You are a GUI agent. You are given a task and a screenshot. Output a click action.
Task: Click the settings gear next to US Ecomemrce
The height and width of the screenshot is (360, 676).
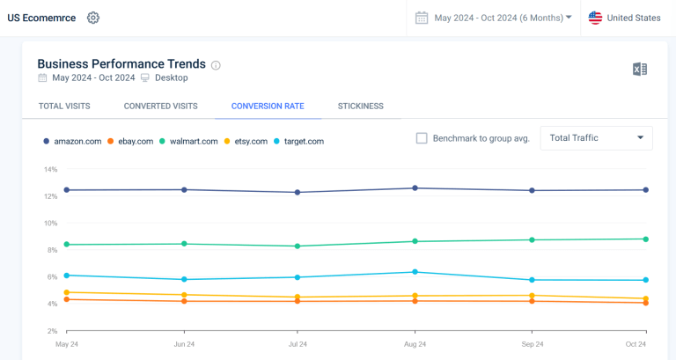(93, 18)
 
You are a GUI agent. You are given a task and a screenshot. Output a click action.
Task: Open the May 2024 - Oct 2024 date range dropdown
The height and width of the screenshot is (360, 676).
(493, 18)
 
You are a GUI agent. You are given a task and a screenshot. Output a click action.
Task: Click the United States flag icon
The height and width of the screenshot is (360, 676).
(596, 18)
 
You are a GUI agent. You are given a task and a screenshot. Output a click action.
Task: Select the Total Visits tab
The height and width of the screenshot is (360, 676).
(64, 107)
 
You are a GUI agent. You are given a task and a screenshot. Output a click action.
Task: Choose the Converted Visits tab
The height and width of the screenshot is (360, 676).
(160, 107)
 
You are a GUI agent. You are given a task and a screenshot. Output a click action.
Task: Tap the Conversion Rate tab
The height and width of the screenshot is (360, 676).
(268, 107)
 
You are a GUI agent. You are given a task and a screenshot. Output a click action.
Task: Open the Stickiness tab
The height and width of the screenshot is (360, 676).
(360, 107)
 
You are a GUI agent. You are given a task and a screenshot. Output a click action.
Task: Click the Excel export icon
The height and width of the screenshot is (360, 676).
(640, 70)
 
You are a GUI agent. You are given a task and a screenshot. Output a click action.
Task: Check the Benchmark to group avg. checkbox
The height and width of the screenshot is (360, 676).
(422, 138)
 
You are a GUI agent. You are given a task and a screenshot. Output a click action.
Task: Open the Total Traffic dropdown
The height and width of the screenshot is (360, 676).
(596, 138)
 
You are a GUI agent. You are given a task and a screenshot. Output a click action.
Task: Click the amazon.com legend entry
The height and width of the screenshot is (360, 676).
(72, 141)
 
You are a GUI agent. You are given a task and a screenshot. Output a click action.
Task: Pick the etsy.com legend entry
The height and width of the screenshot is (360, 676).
(246, 141)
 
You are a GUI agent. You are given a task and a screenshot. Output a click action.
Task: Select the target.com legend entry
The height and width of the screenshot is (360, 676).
(299, 141)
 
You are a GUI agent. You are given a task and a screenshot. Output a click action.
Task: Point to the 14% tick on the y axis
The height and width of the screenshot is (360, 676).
(50, 169)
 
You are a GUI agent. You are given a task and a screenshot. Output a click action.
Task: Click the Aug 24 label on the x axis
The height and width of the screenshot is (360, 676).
(415, 344)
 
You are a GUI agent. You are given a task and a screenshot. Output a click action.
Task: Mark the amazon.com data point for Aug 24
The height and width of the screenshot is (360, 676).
(415, 188)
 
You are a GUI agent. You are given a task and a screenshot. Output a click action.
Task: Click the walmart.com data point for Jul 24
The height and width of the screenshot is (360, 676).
(298, 246)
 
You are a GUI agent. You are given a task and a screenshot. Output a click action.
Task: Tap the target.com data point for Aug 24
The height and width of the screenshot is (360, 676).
(415, 272)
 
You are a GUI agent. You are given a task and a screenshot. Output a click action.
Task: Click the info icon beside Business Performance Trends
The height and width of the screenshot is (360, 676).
(217, 65)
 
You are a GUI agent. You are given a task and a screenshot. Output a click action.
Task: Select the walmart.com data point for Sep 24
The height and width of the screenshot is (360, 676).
(531, 240)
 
